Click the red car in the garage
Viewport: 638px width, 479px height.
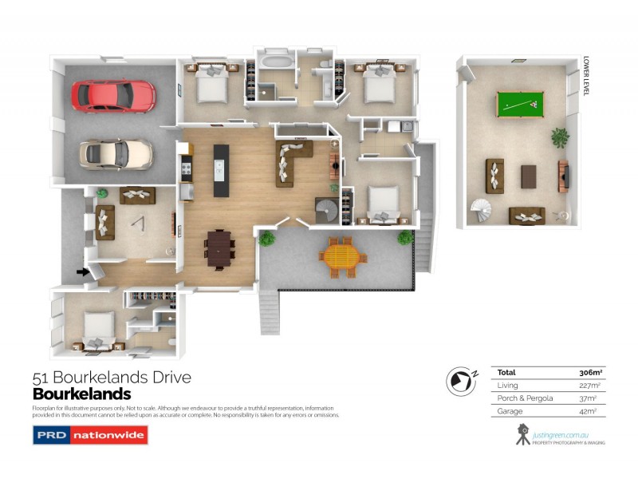(x=113, y=96)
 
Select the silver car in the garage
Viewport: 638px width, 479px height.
(x=116, y=152)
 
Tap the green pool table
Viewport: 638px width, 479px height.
(x=519, y=104)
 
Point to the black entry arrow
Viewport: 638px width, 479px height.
(x=82, y=272)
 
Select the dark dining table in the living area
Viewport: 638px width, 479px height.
(x=219, y=247)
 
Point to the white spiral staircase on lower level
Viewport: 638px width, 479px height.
(x=483, y=212)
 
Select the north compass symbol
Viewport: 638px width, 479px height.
(x=460, y=380)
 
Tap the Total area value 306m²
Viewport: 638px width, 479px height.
(x=591, y=372)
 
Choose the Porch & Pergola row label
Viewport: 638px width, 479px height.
(x=520, y=398)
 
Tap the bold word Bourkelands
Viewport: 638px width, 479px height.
(x=81, y=394)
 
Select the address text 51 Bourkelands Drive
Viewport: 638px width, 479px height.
(x=112, y=378)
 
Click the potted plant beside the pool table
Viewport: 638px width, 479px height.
(x=561, y=137)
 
